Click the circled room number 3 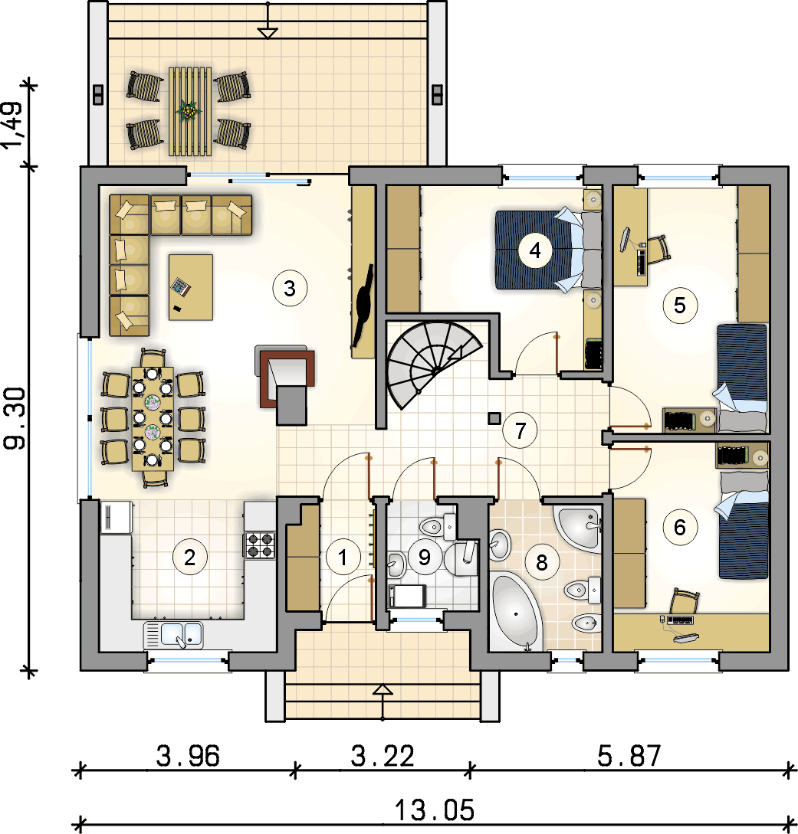(x=290, y=288)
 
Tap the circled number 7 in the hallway (x=520, y=431)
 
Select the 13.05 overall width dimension (x=435, y=810)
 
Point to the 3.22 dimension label (x=383, y=756)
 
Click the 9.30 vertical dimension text (x=15, y=418)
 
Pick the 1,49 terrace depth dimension (x=13, y=125)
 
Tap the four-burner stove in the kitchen (x=261, y=545)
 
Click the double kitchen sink (x=173, y=635)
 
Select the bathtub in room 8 (x=515, y=612)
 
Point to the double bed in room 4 (x=548, y=250)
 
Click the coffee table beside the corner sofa (x=191, y=287)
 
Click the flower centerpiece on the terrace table (x=189, y=111)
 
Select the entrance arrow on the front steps (x=383, y=702)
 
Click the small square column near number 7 (x=494, y=419)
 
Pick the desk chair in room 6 (x=684, y=601)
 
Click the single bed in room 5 (x=742, y=378)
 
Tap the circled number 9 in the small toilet (x=424, y=557)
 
